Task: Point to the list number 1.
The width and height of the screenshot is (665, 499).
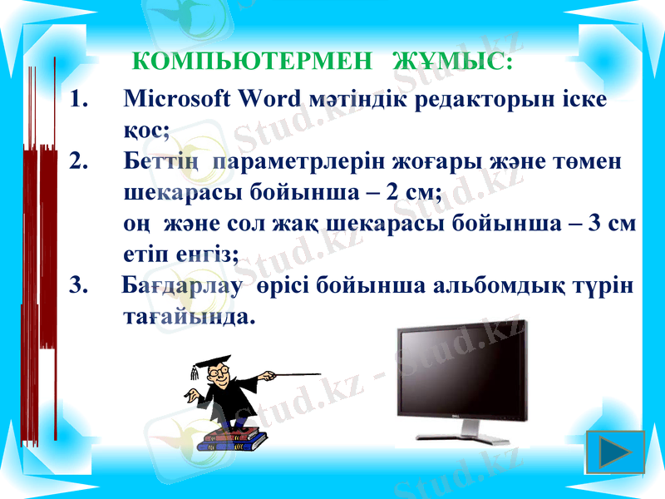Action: click(x=79, y=99)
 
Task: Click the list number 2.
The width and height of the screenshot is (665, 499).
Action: click(x=79, y=160)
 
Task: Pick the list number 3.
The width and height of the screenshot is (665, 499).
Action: click(x=79, y=286)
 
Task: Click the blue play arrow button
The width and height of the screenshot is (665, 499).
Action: click(x=615, y=452)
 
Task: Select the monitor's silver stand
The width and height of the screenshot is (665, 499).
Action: click(x=471, y=430)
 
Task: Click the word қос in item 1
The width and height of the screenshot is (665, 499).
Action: click(x=144, y=130)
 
